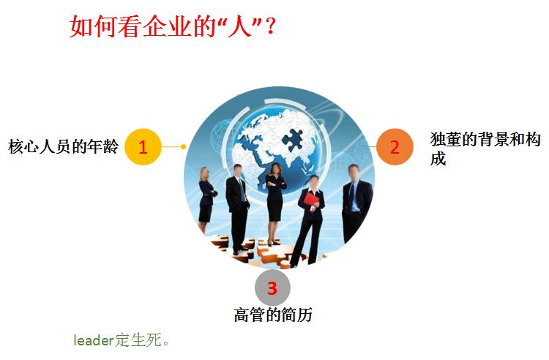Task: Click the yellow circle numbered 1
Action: click(143, 146)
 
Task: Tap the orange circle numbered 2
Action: click(395, 146)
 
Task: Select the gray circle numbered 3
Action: click(272, 288)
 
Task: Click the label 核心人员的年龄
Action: click(63, 146)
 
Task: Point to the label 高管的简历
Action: click(273, 315)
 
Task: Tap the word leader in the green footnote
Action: click(93, 340)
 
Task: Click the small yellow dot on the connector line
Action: click(183, 146)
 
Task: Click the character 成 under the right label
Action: click(438, 159)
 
